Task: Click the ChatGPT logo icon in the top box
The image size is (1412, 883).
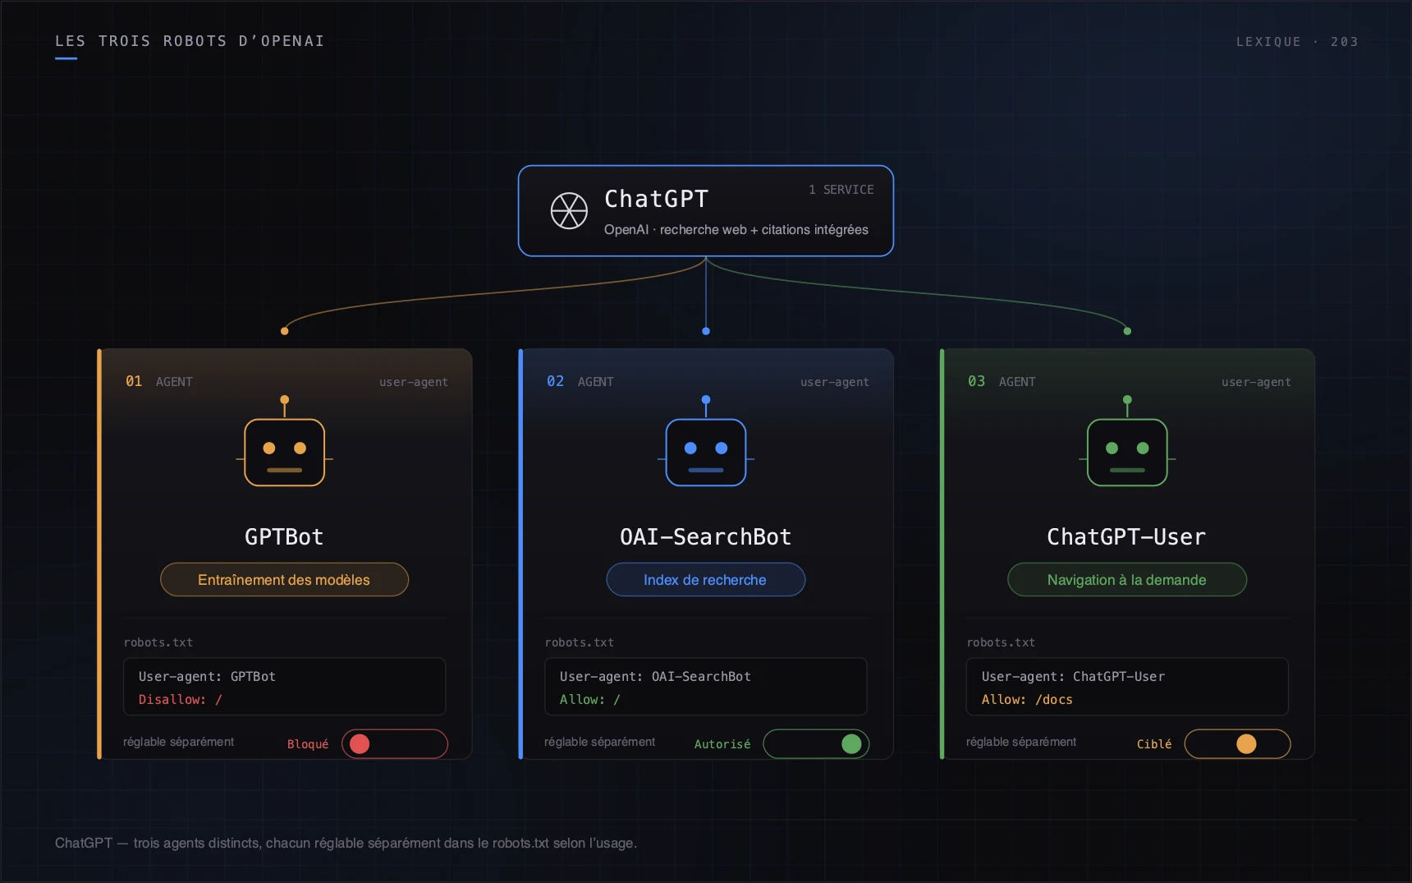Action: [569, 211]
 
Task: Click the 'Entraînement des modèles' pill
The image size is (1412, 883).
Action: [284, 580]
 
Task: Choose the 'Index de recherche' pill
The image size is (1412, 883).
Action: [706, 580]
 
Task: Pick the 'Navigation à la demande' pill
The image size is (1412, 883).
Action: [1127, 580]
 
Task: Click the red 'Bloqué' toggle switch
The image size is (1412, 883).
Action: [395, 744]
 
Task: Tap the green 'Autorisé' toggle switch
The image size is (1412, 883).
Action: [816, 744]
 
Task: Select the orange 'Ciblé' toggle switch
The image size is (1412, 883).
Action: [1237, 744]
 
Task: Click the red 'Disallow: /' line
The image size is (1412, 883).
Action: [181, 700]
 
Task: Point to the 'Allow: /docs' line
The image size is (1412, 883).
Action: [1027, 700]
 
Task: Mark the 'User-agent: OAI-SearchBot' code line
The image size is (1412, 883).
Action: [655, 677]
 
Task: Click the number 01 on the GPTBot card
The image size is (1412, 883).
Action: [134, 381]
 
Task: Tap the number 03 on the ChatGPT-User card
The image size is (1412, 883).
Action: [976, 381]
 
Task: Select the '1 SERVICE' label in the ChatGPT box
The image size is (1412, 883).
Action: [841, 190]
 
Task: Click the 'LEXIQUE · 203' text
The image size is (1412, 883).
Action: [1297, 42]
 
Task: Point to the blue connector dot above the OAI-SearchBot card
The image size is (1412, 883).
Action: [706, 331]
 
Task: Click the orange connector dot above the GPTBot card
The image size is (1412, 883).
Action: [285, 331]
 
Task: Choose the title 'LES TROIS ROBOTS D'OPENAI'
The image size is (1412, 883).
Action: [190, 41]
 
